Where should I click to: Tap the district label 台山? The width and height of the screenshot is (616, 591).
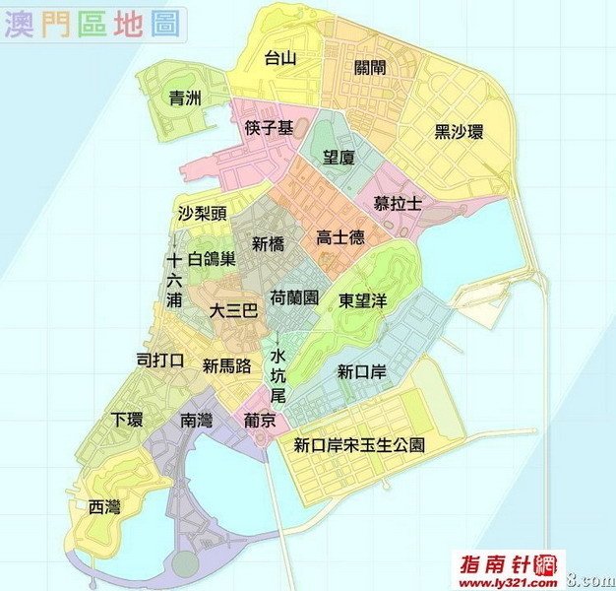tap(280, 58)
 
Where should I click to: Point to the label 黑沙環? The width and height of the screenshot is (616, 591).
tap(459, 132)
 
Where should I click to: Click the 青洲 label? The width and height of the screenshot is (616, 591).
tap(185, 98)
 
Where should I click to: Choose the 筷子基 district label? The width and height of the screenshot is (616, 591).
tap(269, 128)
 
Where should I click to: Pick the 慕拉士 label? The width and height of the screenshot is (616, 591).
tap(398, 203)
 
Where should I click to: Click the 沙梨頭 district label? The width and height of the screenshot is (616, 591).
tap(202, 213)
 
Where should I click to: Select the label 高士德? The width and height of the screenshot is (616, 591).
tap(340, 237)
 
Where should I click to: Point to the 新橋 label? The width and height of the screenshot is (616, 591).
tap(269, 244)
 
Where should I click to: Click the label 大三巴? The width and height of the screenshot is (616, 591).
tap(233, 310)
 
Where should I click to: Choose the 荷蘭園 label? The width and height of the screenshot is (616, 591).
tap(293, 297)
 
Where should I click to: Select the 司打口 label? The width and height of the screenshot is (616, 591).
tap(159, 361)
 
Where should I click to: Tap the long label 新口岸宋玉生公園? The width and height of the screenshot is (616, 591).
tap(360, 445)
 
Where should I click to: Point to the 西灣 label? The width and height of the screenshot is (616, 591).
tap(104, 507)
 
